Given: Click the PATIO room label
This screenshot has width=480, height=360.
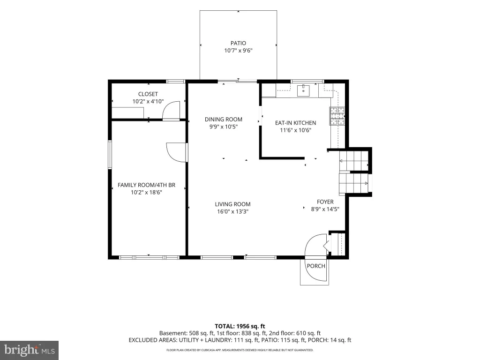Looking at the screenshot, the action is [x=238, y=43].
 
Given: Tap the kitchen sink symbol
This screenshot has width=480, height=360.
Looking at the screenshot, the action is [x=303, y=90].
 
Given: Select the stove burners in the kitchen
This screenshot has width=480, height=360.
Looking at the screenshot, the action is [x=337, y=116].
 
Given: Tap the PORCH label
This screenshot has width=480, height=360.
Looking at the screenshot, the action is [x=316, y=266].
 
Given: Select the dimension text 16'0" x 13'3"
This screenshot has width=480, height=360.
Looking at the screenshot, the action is [x=232, y=211].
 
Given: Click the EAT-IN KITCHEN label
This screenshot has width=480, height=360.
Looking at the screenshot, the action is [x=295, y=123].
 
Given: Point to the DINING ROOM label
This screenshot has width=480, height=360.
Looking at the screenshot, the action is [x=224, y=120].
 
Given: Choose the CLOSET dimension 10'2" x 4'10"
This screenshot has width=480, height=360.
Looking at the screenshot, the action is [x=148, y=101].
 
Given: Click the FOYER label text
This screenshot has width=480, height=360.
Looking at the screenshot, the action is [x=325, y=202].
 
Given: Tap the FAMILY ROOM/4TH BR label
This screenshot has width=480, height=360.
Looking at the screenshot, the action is [x=146, y=185].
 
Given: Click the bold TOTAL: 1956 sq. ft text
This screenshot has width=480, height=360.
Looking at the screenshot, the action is [x=240, y=326].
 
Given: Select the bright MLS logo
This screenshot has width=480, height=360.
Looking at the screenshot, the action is [x=29, y=350].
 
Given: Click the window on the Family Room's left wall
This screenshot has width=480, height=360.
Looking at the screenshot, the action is [x=110, y=154].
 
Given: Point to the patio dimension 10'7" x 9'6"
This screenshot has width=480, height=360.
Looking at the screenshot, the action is [x=238, y=51].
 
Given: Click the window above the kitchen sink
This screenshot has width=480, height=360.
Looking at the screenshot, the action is [x=307, y=81].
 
